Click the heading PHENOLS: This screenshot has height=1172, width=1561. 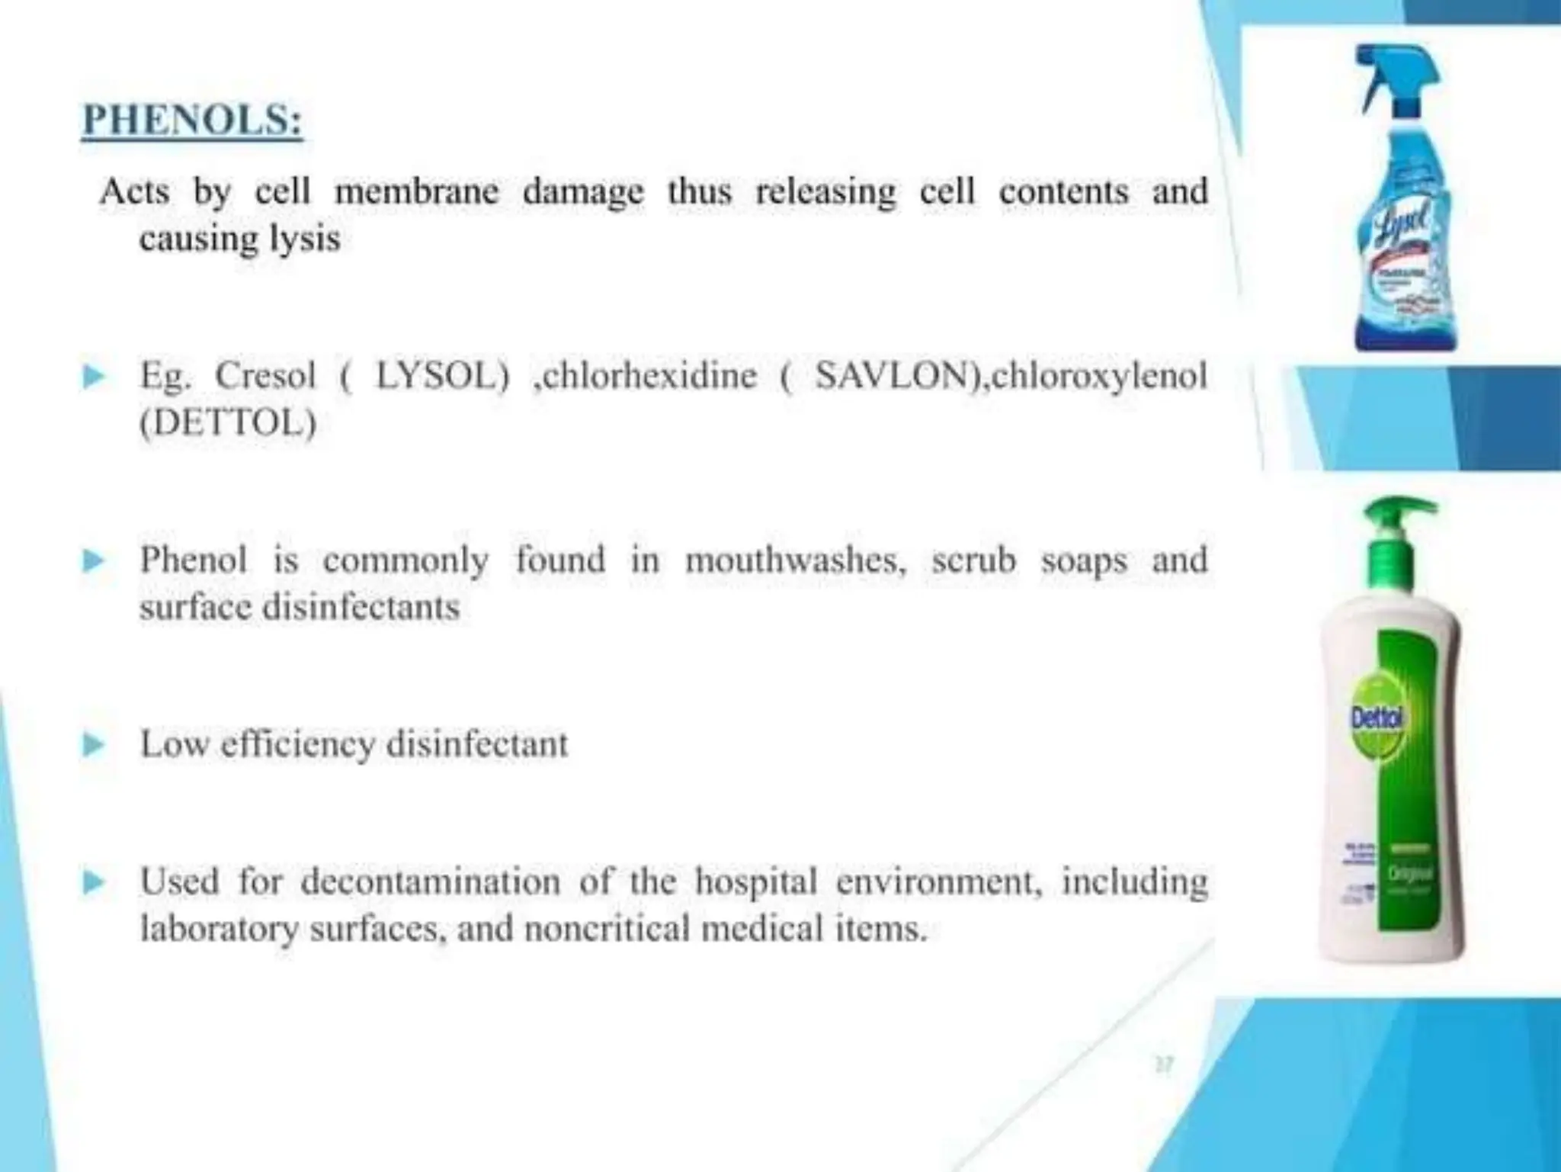[192, 120]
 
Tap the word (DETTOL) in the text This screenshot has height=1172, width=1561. [227, 423]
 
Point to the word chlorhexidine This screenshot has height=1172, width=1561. [646, 376]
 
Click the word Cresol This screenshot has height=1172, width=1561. [265, 376]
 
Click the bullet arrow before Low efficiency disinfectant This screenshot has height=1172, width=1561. [93, 744]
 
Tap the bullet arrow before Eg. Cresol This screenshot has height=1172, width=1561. [93, 376]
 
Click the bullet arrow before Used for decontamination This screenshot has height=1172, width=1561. [93, 882]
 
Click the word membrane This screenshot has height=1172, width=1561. [416, 191]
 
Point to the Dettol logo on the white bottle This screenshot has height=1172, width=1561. [1377, 717]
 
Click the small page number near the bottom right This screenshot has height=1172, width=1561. [1164, 1064]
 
